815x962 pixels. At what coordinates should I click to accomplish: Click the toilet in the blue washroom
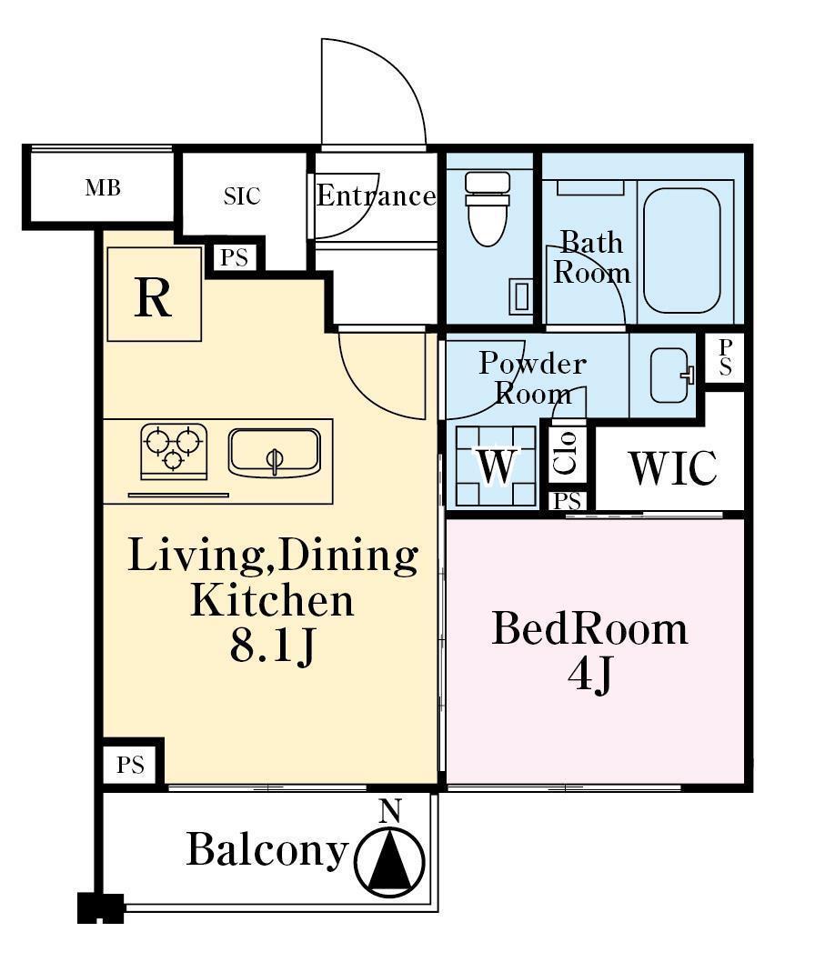(x=488, y=208)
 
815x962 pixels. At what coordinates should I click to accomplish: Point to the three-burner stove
(x=174, y=452)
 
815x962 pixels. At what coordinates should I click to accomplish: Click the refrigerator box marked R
(x=154, y=294)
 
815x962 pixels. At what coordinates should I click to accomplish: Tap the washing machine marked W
(x=496, y=466)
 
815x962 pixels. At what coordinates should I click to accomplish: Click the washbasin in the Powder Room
(x=670, y=376)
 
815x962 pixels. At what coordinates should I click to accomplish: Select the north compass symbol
(x=389, y=861)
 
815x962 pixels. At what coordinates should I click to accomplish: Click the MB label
(x=103, y=187)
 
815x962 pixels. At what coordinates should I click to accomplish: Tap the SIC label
(x=242, y=195)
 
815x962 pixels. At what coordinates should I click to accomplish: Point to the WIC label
(x=672, y=468)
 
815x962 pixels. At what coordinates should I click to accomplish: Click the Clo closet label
(x=565, y=453)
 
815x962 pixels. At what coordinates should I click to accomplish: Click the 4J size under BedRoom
(x=589, y=676)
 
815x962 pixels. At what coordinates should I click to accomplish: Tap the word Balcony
(x=267, y=850)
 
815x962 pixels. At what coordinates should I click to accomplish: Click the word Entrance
(x=377, y=195)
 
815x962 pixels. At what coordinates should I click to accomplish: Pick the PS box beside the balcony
(x=131, y=765)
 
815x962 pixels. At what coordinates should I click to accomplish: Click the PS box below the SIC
(x=235, y=257)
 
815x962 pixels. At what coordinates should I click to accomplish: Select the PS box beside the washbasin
(x=725, y=356)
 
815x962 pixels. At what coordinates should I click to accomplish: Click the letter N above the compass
(x=389, y=810)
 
